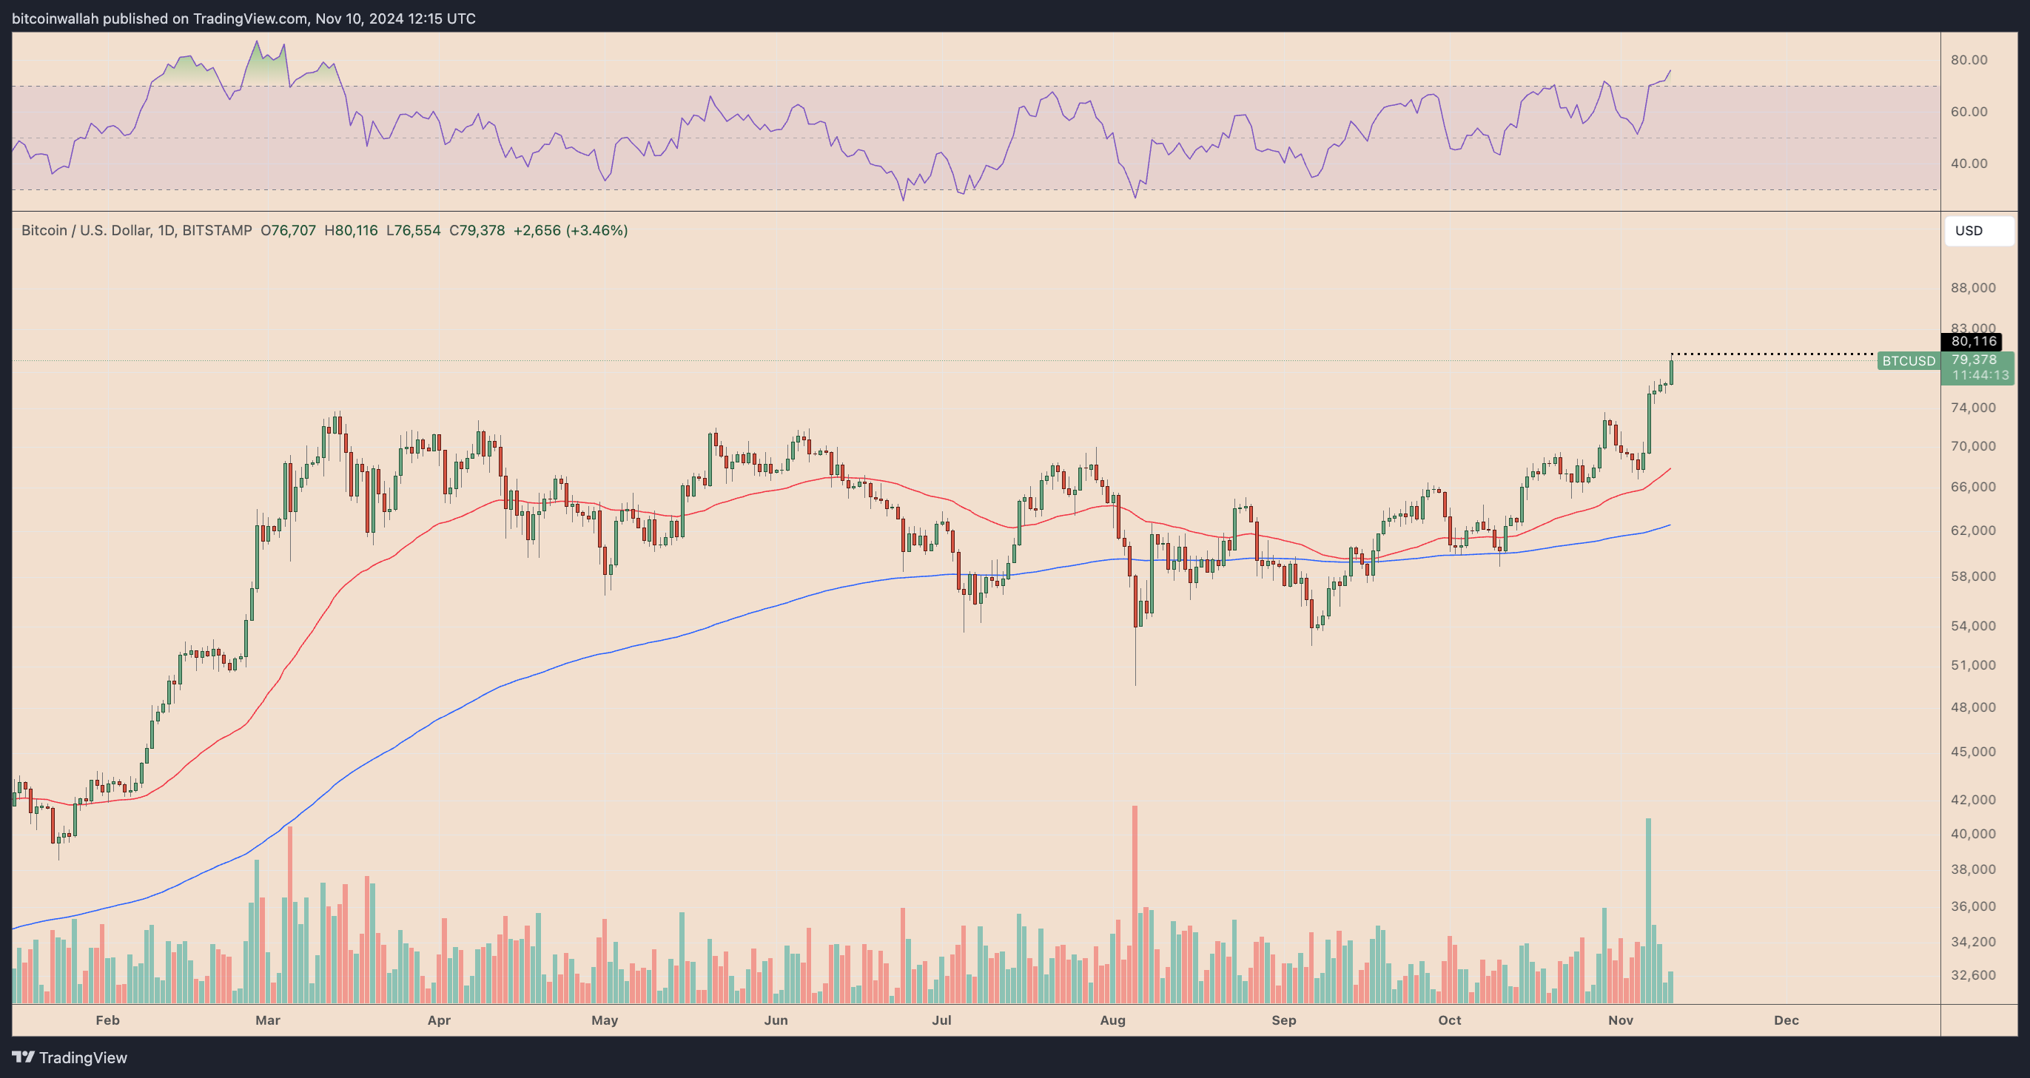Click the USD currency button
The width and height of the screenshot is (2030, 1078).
[1978, 231]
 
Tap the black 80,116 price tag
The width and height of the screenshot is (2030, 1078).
[1973, 341]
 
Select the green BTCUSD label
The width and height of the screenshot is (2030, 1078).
[1908, 361]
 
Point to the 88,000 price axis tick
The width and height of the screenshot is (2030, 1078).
[1972, 288]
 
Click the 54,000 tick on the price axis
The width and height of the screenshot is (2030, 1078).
[1972, 626]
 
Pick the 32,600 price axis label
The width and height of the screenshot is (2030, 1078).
[1972, 974]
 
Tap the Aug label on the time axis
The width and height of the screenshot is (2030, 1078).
[1112, 1020]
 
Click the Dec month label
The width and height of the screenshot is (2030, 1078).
[1786, 1020]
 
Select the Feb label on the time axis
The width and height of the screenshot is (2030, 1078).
[107, 1020]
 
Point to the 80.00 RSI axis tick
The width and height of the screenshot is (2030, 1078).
[1969, 60]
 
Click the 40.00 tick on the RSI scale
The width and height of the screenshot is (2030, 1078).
[1969, 163]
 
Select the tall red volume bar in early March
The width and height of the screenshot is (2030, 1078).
[290, 914]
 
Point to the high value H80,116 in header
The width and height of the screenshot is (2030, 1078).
[351, 231]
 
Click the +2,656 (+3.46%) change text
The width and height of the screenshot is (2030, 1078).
[571, 231]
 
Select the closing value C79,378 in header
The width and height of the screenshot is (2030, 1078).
[477, 231]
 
